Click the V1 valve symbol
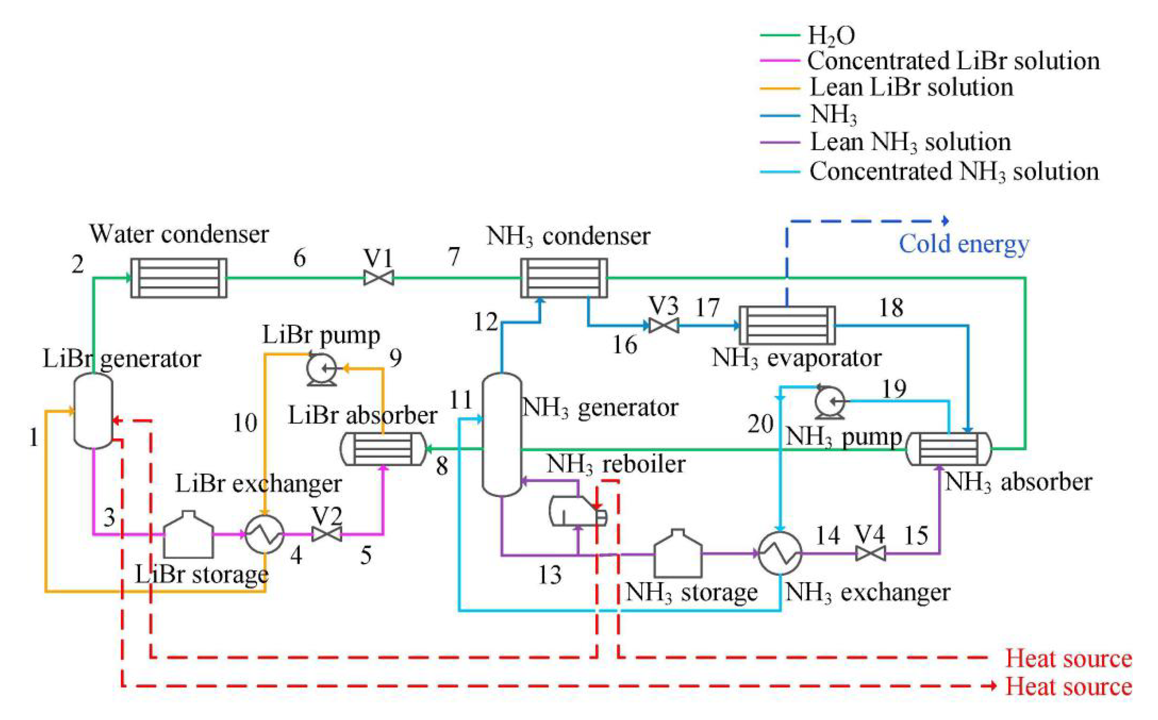coord(379,277)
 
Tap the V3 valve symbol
coord(664,326)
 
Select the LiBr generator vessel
coord(93,410)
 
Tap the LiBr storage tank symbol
coord(188,535)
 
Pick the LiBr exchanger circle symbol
coord(265,534)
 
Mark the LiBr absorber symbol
coord(383,449)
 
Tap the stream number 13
coord(550,575)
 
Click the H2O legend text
coord(831,35)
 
